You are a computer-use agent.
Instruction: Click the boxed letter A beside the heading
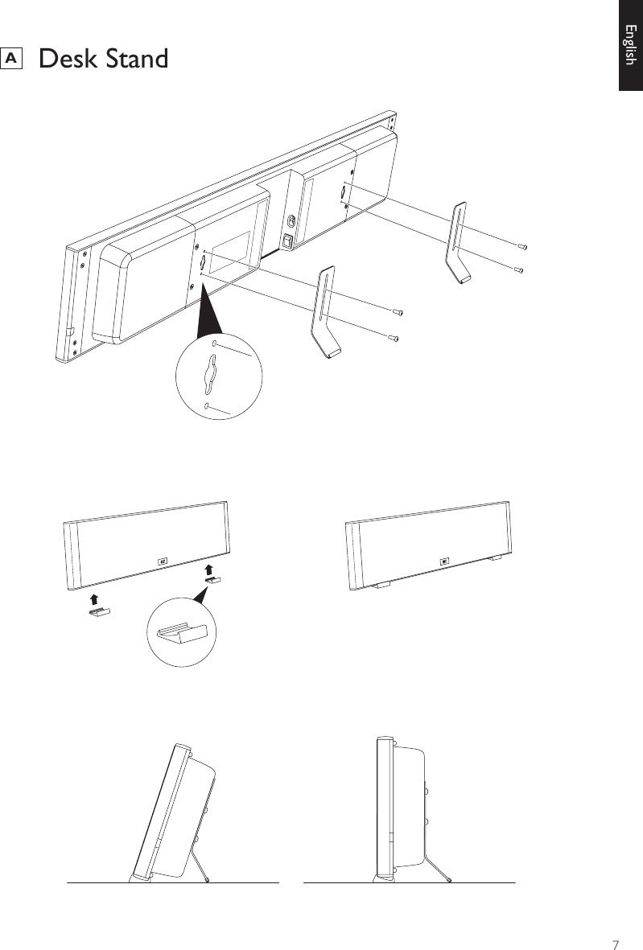[x=12, y=58]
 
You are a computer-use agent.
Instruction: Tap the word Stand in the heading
[x=138, y=59]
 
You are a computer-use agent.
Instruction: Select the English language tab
[x=630, y=46]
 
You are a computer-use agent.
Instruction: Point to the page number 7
[x=616, y=922]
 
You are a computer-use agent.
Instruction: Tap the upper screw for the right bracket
[x=522, y=247]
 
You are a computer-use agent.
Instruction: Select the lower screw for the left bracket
[x=393, y=338]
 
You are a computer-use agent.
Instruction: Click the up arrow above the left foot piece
[x=94, y=598]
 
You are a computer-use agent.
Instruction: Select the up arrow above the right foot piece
[x=208, y=570]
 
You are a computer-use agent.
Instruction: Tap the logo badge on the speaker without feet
[x=161, y=561]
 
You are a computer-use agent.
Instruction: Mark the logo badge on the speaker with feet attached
[x=443, y=561]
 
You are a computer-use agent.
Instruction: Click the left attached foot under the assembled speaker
[x=381, y=585]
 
